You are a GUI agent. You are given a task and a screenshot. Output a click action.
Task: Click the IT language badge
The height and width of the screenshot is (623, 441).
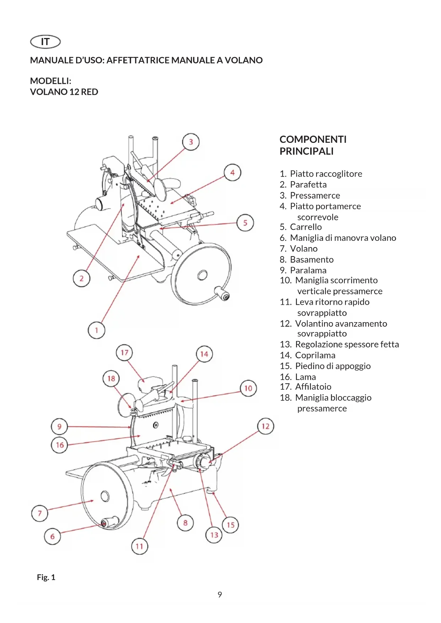point(45,42)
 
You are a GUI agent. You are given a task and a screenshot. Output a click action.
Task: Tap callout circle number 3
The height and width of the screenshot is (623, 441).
point(191,142)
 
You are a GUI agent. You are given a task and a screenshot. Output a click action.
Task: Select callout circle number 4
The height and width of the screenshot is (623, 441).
point(232,173)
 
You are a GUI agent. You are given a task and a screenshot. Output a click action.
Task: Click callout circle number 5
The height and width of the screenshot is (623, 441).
point(245,223)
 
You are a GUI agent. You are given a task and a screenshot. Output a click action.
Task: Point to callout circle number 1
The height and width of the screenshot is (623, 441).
point(96,330)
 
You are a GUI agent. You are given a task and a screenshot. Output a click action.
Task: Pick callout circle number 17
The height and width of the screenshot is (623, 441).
point(124,352)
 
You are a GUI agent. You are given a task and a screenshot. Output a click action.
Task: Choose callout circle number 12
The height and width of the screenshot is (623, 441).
point(265,426)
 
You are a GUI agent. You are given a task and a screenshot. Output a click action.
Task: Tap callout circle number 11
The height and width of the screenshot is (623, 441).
point(139,546)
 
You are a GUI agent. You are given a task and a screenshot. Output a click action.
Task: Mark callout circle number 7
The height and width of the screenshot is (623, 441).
point(40,513)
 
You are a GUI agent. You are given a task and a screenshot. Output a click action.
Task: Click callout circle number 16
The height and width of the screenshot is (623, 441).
point(60,445)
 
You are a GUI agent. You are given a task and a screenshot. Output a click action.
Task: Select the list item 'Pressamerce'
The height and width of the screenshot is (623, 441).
point(315,195)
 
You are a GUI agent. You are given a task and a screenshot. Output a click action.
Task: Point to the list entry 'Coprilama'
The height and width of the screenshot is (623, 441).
point(315,355)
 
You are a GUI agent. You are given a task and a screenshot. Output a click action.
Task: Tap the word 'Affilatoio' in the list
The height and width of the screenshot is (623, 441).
point(313,386)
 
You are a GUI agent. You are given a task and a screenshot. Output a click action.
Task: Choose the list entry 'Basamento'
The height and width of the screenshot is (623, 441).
point(312,259)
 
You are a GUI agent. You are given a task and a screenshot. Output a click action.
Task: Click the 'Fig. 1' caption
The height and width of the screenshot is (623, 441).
point(46,577)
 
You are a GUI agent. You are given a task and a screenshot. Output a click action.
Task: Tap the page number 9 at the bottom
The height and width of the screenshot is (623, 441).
point(220,595)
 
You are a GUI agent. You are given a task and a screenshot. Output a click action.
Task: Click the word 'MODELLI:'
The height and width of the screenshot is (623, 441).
point(51,81)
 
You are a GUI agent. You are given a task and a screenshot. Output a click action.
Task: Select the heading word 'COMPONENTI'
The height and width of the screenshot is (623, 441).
point(313,139)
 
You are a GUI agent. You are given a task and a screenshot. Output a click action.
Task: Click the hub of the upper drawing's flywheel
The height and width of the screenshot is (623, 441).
point(202,275)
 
